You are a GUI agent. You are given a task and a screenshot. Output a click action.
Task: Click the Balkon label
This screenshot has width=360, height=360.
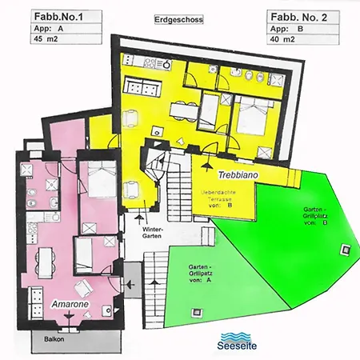54,338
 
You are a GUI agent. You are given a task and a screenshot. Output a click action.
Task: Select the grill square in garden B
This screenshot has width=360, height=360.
345,247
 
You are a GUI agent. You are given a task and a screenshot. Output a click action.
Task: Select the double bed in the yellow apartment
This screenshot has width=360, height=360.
250,118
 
